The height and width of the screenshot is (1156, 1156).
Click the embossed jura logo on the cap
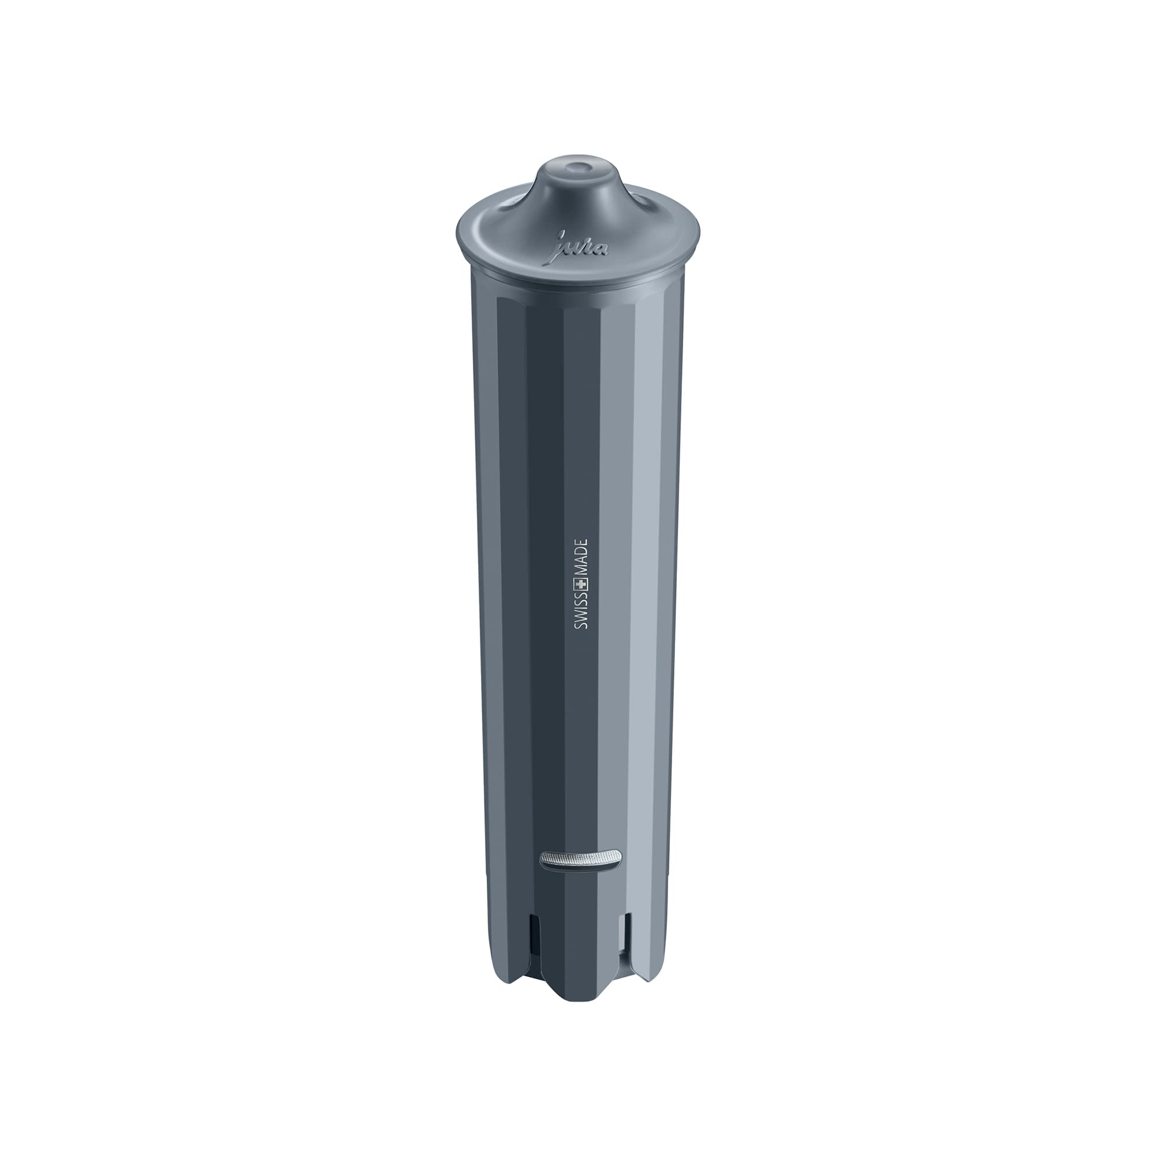coord(578,244)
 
